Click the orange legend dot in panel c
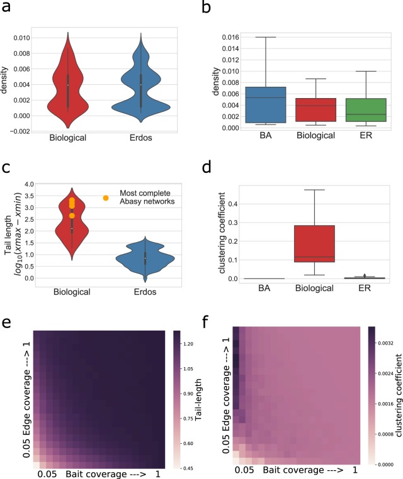point(106,198)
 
